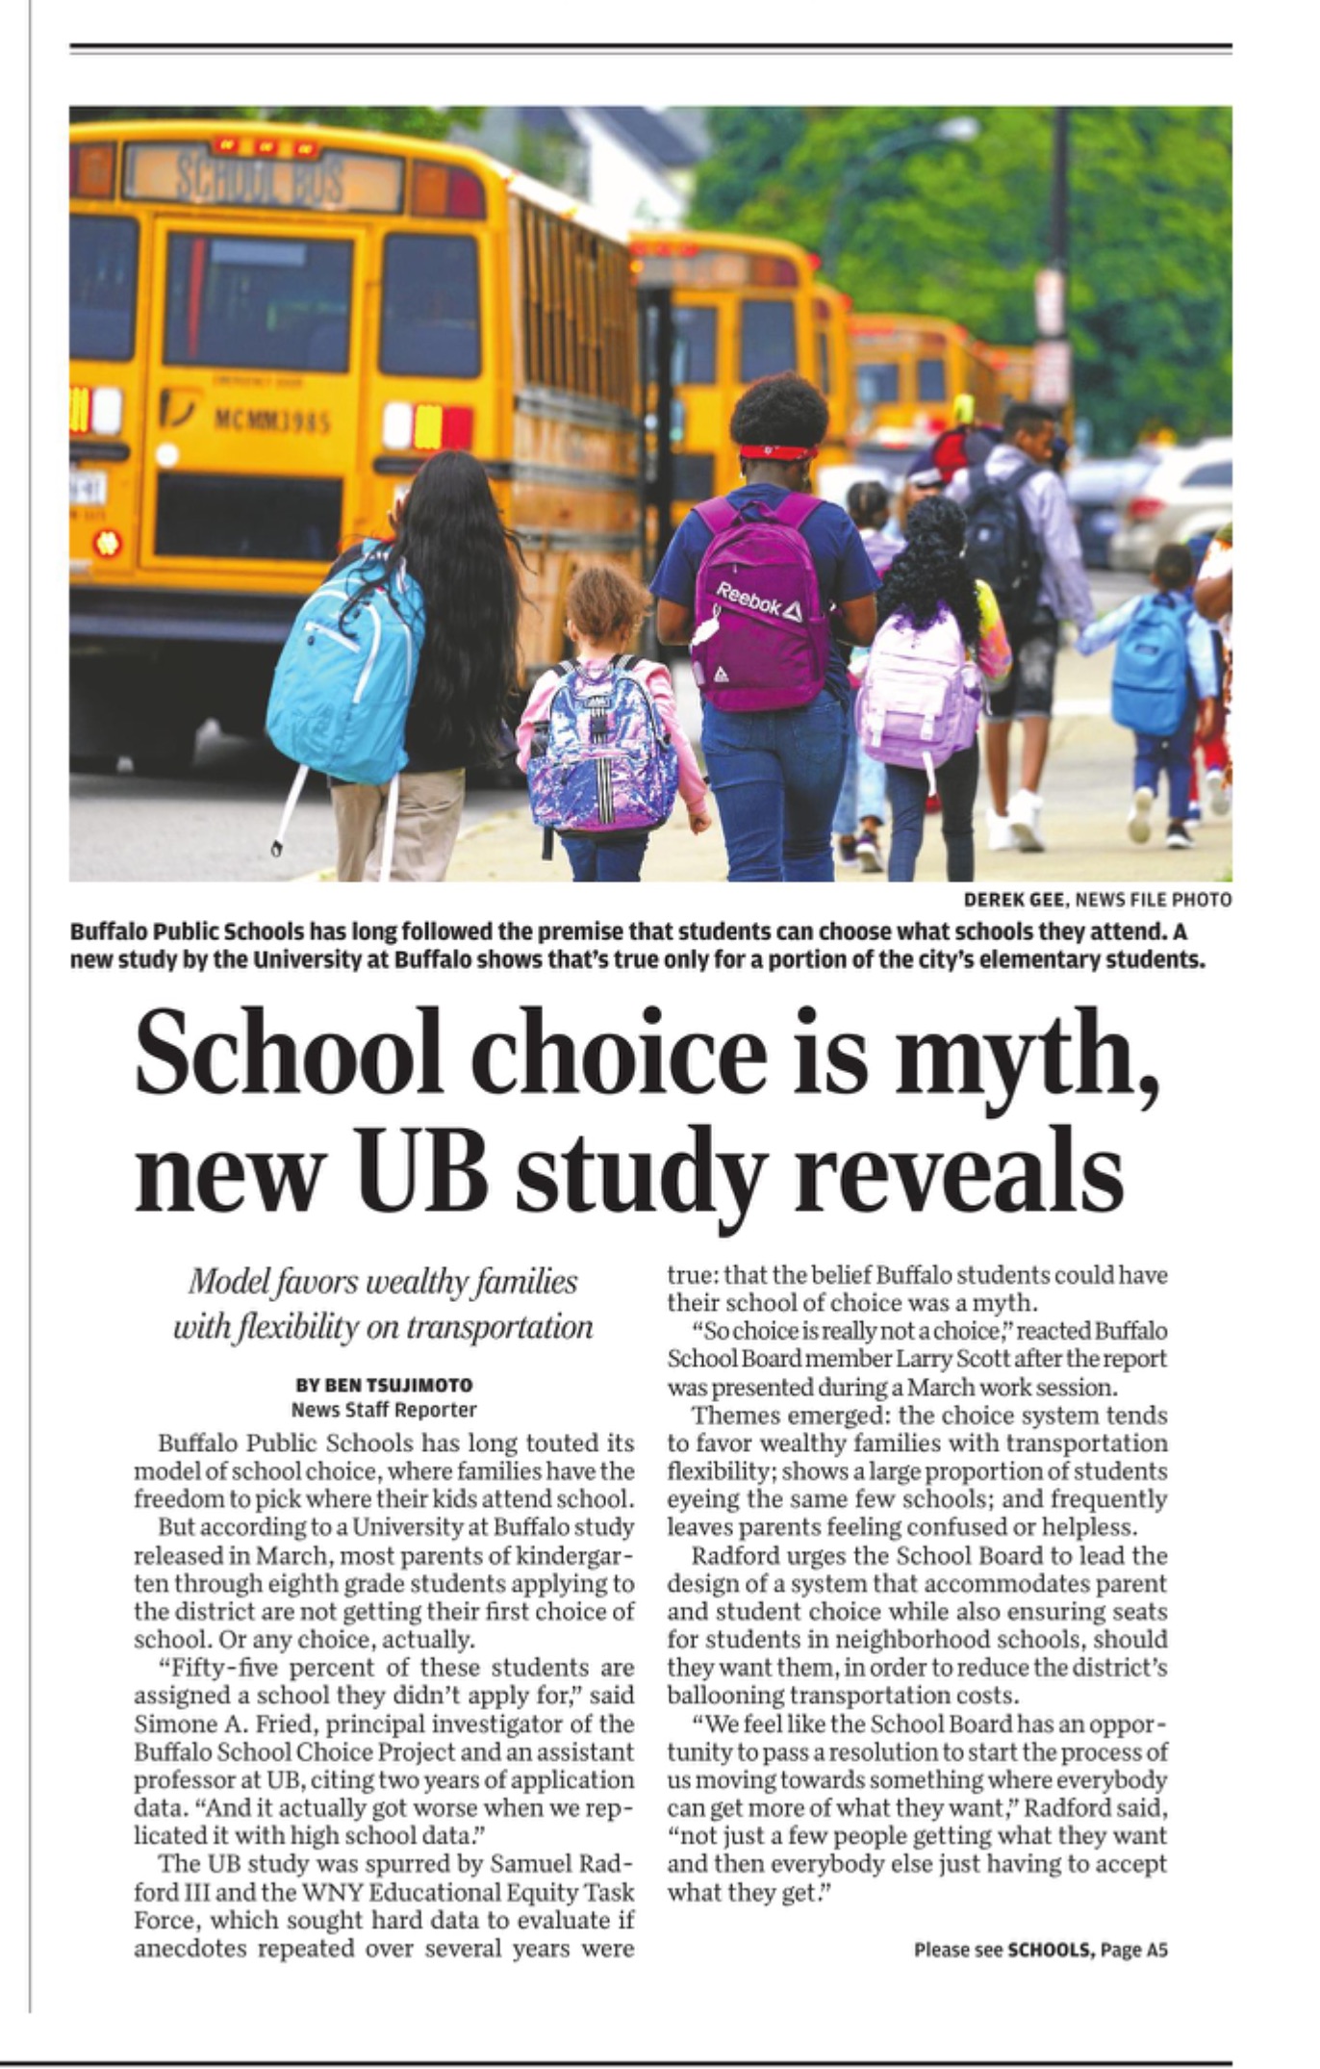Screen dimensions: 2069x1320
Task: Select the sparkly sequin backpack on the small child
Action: coord(600,746)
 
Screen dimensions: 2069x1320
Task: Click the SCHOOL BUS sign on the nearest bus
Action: coord(261,179)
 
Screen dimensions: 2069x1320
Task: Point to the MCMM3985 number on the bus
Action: coord(272,422)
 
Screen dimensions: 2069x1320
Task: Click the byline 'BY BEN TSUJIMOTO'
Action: coord(384,1385)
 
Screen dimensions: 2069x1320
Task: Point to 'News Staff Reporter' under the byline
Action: coord(384,1410)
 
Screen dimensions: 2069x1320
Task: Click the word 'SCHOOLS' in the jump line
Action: coord(1050,1950)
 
